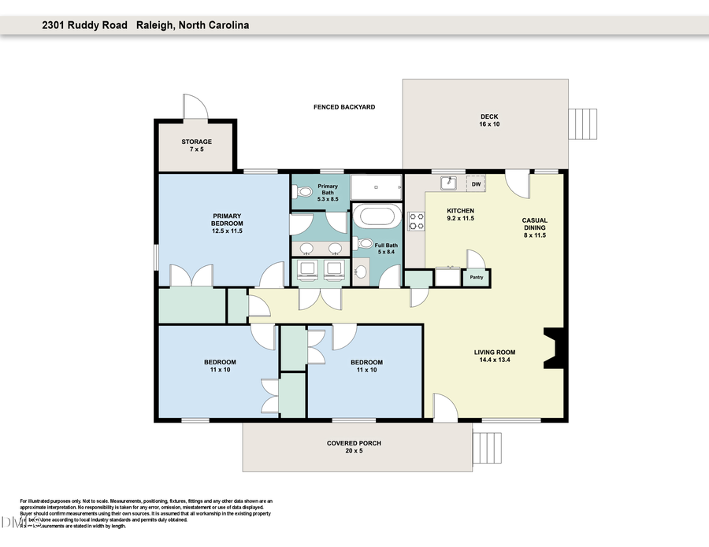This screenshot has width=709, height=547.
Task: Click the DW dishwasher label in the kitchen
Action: coord(475,184)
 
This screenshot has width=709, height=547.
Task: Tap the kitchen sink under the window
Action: coord(449,183)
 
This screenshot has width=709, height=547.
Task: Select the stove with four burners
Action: coord(416,221)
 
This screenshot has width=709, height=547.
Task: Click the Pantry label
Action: coord(477,277)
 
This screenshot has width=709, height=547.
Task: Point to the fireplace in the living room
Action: coord(554,347)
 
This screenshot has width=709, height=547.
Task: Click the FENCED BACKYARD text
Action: coord(343,106)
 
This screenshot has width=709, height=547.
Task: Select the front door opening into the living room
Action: coord(444,408)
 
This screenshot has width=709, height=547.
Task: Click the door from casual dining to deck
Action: coord(518,185)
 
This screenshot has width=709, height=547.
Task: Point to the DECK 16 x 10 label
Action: coord(489,120)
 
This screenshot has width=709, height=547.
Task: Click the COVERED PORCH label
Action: coord(354,447)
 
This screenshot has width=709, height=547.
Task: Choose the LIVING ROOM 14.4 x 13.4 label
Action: coord(494,356)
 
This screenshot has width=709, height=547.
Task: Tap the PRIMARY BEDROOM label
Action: coord(226,223)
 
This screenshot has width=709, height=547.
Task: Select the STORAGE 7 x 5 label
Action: coord(196,146)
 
